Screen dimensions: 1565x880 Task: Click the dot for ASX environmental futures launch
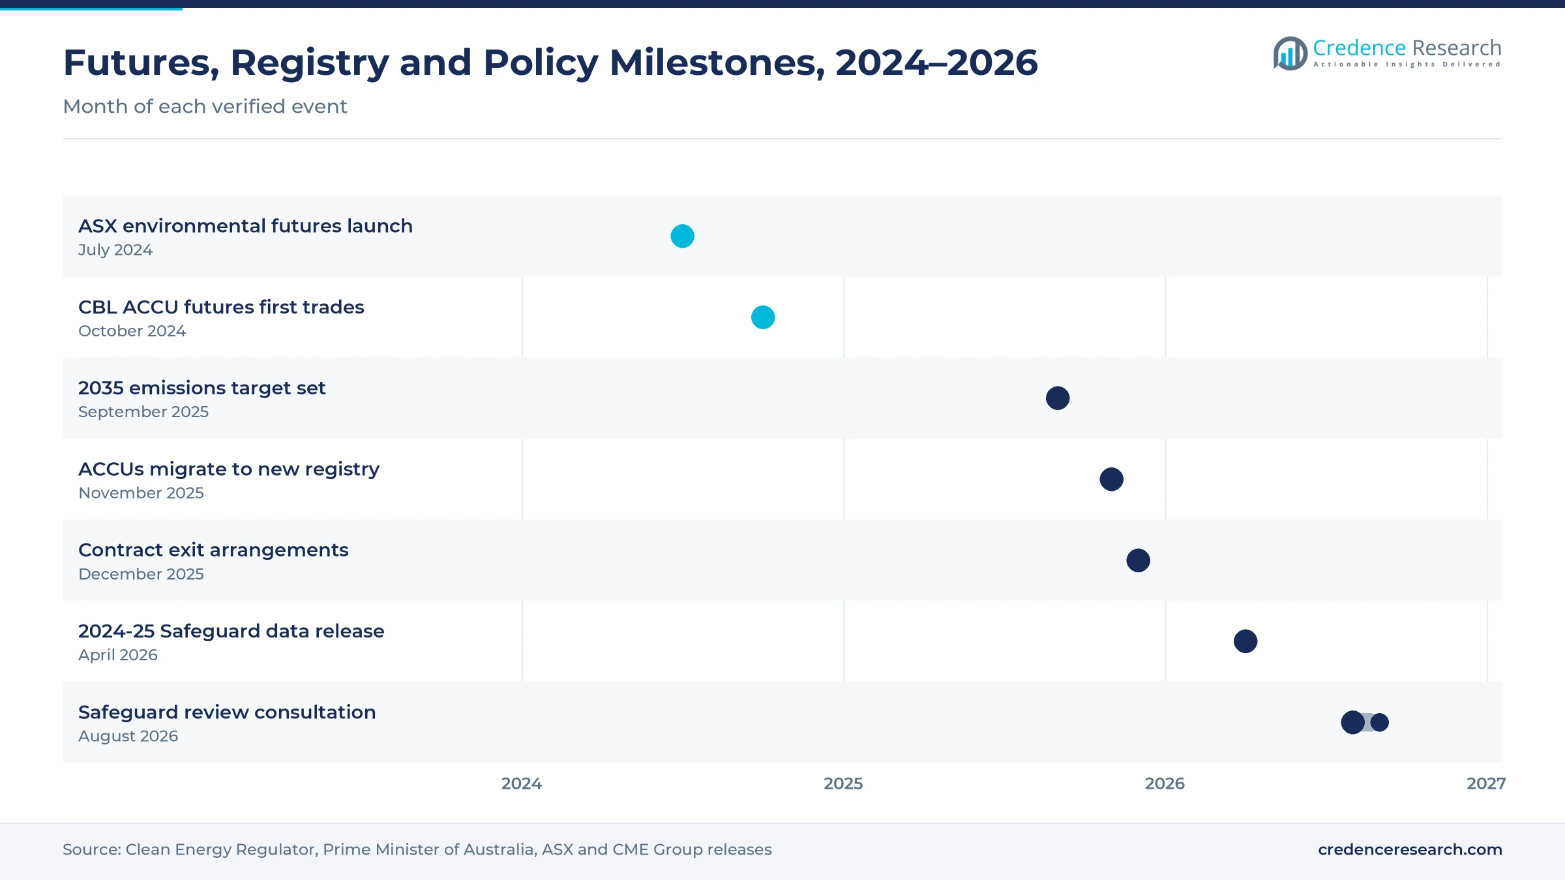[682, 236]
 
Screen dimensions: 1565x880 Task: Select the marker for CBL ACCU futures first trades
[763, 317]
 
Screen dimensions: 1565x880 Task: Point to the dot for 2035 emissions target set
[1058, 398]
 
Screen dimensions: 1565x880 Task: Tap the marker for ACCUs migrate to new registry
[1112, 479]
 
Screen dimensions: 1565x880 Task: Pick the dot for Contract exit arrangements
[1139, 561]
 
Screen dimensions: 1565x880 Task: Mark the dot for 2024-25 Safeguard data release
[1245, 641]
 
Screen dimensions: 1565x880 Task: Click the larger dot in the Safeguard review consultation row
[1353, 722]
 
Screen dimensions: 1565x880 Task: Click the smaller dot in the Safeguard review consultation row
[1380, 722]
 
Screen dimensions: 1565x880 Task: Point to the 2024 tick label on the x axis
[522, 784]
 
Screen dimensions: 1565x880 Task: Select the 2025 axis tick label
[843, 784]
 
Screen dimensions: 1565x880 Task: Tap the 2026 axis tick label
[1165, 784]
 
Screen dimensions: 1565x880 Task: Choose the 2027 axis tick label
[1486, 784]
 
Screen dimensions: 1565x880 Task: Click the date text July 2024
[115, 250]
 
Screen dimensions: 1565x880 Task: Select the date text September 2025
[143, 412]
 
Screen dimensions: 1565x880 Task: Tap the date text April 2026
[118, 655]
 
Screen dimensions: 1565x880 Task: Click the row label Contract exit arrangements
[213, 550]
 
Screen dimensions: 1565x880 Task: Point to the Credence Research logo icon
[1290, 53]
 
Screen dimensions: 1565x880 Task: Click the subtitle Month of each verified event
[205, 106]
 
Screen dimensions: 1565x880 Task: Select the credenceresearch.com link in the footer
[1410, 849]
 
